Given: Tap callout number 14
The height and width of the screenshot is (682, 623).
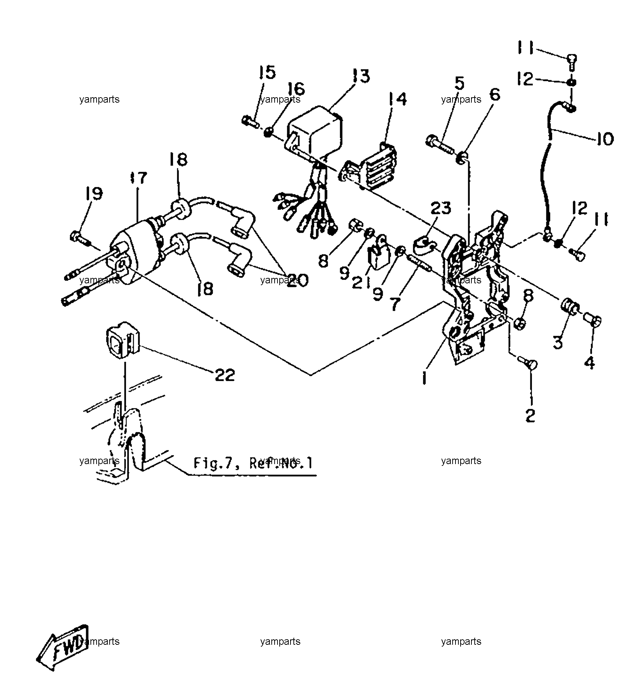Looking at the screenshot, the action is [x=397, y=99].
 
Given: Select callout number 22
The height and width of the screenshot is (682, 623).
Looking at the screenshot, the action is [x=225, y=375].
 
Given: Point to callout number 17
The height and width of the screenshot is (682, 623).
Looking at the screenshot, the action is [x=139, y=177].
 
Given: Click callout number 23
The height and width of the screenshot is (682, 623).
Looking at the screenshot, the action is [x=441, y=208].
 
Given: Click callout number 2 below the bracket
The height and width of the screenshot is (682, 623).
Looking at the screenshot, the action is [x=530, y=416].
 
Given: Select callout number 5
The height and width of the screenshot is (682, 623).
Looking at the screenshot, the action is [x=459, y=83].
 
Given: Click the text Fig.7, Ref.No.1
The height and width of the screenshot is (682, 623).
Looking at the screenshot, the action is [x=253, y=463].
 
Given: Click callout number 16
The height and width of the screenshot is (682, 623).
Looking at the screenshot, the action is [x=296, y=88].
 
